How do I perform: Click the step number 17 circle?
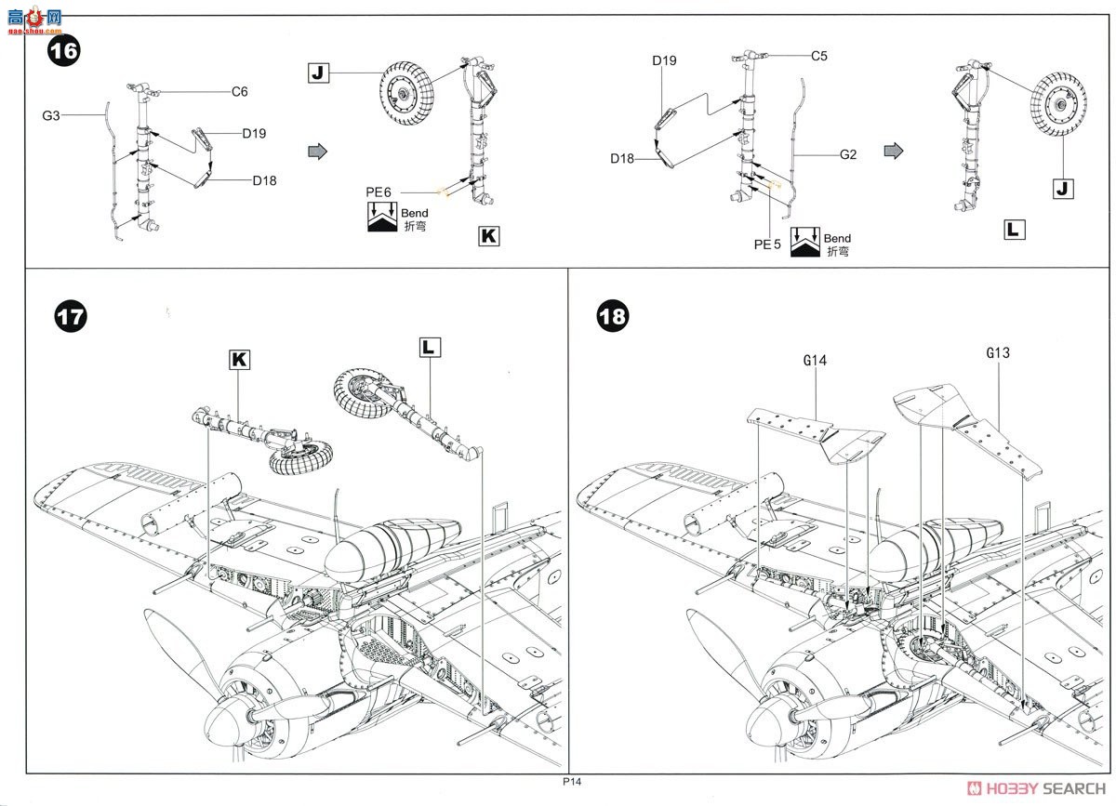pyautogui.click(x=71, y=316)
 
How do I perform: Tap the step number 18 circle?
pyautogui.click(x=612, y=316)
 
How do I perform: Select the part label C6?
pyautogui.click(x=240, y=92)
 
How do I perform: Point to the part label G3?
pyautogui.click(x=50, y=115)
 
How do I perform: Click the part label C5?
pyautogui.click(x=818, y=56)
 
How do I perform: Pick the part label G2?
pyautogui.click(x=847, y=154)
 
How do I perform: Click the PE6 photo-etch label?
pyautogui.click(x=379, y=192)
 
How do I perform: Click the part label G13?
pyautogui.click(x=998, y=353)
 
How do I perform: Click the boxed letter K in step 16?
pyautogui.click(x=488, y=235)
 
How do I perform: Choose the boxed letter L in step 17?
pyautogui.click(x=430, y=347)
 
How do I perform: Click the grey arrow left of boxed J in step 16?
pyautogui.click(x=317, y=151)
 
